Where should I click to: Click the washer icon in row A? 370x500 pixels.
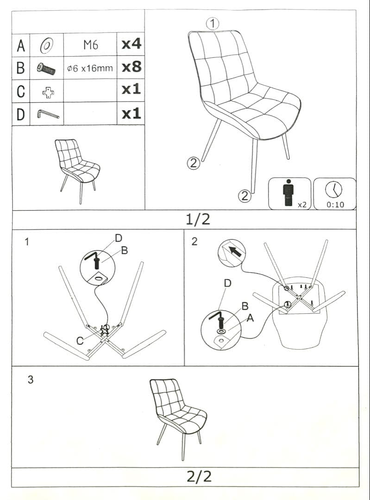47,45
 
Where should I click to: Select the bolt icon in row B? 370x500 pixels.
46,68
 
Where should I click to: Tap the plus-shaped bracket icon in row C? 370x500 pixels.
48,93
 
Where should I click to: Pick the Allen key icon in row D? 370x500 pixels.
48,114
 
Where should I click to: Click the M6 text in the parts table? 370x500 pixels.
91,45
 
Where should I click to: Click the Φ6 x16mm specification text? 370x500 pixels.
90,68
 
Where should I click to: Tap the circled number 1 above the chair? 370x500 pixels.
213,24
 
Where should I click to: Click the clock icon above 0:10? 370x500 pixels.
333,190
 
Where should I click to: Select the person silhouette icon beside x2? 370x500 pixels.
288,193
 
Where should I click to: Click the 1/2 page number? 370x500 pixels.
198,219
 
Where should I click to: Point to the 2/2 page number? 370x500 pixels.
199,476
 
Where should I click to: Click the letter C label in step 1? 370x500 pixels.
80,341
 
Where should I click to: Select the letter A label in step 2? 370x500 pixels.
250,318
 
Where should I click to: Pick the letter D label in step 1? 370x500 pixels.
119,238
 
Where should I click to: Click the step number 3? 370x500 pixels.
30,380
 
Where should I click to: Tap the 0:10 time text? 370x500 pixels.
335,205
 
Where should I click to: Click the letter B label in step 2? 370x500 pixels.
245,306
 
